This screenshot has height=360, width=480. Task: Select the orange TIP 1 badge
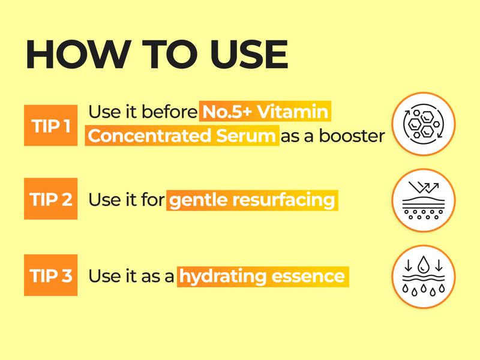tap(50, 125)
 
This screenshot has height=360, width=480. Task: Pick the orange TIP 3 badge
tap(50, 275)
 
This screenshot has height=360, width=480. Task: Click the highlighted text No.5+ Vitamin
tap(266, 112)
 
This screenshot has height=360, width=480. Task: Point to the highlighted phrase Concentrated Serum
tap(182, 136)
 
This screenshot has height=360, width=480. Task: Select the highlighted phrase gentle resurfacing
tap(252, 200)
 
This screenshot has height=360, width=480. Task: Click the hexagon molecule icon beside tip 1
tap(424, 124)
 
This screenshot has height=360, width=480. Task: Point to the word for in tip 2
tap(152, 200)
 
